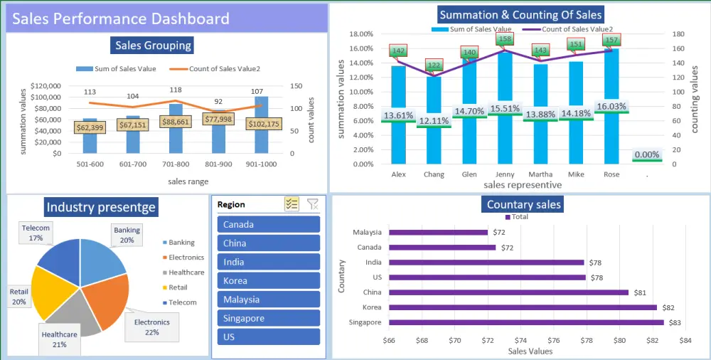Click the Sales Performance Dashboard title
[x=120, y=18]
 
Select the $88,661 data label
[x=176, y=122]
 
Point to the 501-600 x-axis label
[x=90, y=164]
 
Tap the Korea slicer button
[x=269, y=280]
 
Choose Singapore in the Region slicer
[x=269, y=318]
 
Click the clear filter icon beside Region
[x=312, y=204]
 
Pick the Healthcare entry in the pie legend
[x=186, y=272]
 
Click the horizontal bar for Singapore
[x=526, y=322]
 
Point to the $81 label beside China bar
[x=641, y=292]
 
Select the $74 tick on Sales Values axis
[x=520, y=341]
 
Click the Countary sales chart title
[x=523, y=205]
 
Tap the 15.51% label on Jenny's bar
[x=506, y=109]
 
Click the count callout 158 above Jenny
[x=505, y=40]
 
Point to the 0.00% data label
[x=646, y=154]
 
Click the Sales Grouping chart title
[x=153, y=46]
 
